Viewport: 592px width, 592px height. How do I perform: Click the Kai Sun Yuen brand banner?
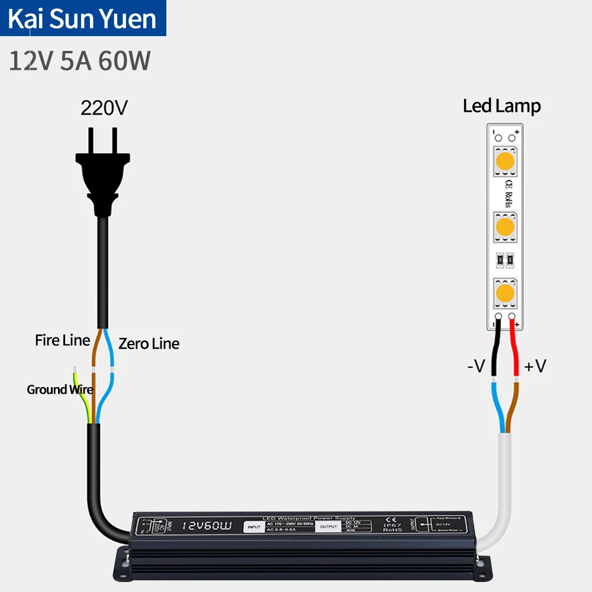tap(83, 18)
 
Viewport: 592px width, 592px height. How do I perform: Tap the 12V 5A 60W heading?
tap(80, 61)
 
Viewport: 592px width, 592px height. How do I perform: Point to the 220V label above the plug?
tap(104, 108)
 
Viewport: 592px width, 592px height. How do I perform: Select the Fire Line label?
tap(62, 340)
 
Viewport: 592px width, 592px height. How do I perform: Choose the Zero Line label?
tap(149, 343)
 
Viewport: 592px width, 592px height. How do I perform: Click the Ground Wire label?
tap(59, 390)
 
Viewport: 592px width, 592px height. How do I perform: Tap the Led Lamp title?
tap(501, 107)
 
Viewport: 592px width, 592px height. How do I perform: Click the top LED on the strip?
tap(505, 160)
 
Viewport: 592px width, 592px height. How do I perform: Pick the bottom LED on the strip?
tap(505, 291)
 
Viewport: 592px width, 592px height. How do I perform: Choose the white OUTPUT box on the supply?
tap(328, 525)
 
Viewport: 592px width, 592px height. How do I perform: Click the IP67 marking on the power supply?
tap(392, 525)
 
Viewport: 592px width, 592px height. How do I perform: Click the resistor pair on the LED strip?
tap(505, 258)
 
